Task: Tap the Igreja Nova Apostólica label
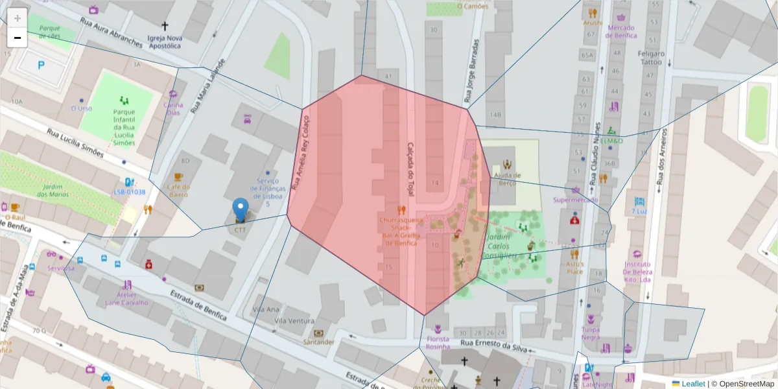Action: pyautogui.click(x=164, y=42)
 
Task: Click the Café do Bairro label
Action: pyautogui.click(x=179, y=191)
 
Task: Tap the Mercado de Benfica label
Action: pyautogui.click(x=621, y=31)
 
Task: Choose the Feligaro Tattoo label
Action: pyautogui.click(x=651, y=58)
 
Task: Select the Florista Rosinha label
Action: pyautogui.click(x=438, y=343)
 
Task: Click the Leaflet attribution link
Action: pyautogui.click(x=692, y=384)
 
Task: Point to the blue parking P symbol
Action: pyautogui.click(x=42, y=65)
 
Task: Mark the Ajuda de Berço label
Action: pyautogui.click(x=507, y=180)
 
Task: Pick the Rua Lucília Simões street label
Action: pyautogui.click(x=75, y=143)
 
